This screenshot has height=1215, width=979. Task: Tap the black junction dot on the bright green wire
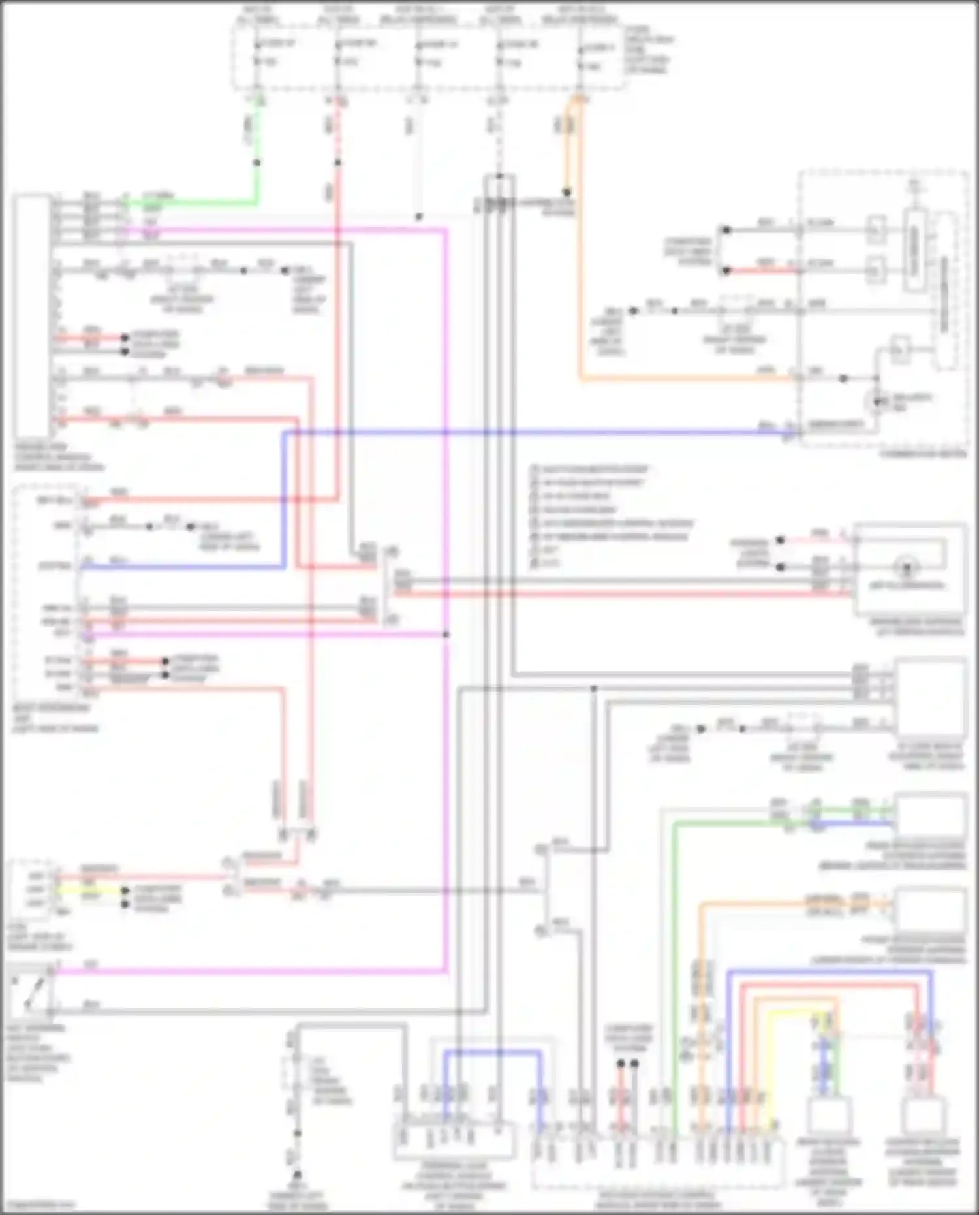click(x=257, y=163)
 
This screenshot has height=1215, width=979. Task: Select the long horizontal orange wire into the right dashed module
click(x=685, y=378)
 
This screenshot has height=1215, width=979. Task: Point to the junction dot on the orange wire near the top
click(x=567, y=193)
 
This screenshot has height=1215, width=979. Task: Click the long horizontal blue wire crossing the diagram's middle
click(x=522, y=432)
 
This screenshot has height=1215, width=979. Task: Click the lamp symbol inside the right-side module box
click(x=906, y=567)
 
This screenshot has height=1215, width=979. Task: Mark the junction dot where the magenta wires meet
click(x=446, y=634)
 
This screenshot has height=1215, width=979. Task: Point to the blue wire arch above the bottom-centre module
click(x=493, y=1052)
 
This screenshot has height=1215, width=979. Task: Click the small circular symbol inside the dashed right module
click(x=876, y=402)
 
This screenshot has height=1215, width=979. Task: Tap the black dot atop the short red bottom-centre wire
click(x=621, y=1064)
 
